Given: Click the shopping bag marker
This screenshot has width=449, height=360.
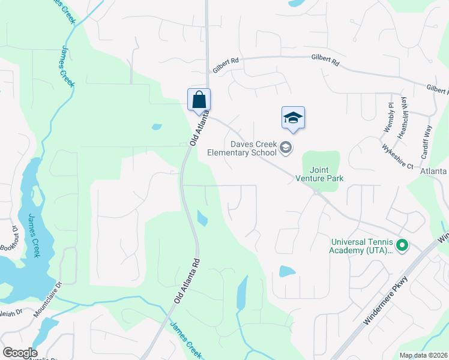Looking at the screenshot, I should click(x=199, y=100).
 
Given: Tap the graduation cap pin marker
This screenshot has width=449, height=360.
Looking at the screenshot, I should click(x=293, y=117).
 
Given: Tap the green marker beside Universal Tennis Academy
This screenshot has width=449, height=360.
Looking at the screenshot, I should click(x=403, y=245).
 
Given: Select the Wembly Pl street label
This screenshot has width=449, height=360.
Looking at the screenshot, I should click(x=389, y=117).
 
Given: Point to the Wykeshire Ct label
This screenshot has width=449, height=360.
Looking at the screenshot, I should click(x=397, y=155).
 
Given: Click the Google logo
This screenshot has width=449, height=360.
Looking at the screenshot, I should click(x=19, y=353).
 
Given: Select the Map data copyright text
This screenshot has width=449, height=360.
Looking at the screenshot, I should click(x=423, y=355).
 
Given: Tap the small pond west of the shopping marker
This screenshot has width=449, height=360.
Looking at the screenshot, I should click(x=157, y=127).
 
